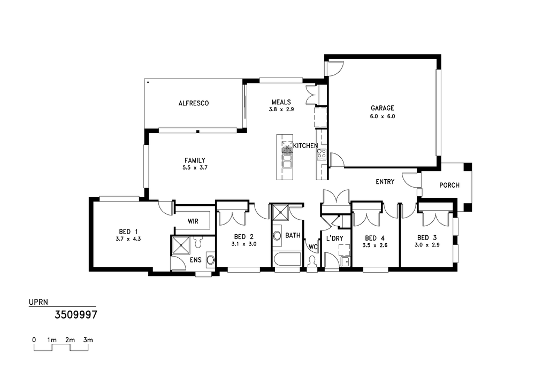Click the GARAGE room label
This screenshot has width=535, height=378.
point(382,108)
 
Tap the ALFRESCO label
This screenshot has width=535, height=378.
point(194,103)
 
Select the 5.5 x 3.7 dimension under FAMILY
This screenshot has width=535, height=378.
point(195,168)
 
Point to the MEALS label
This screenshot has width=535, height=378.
point(281,102)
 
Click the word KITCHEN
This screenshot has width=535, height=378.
point(305,145)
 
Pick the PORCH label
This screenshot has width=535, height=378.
point(449,185)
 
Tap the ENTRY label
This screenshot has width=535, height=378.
point(385,182)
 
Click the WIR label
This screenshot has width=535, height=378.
point(193,221)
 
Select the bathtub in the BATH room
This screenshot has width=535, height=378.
point(287,259)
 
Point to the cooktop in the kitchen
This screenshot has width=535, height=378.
point(322,155)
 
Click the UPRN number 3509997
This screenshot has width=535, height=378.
point(76,314)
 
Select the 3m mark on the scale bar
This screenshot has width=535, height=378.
point(88,340)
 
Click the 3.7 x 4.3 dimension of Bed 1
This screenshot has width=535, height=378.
point(128,239)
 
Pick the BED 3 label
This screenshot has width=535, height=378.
point(427,237)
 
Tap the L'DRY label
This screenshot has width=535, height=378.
point(334,238)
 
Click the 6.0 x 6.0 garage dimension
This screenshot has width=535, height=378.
point(382,116)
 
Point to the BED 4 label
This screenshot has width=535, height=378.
point(374,238)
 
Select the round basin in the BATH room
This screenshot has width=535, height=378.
point(277,236)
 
